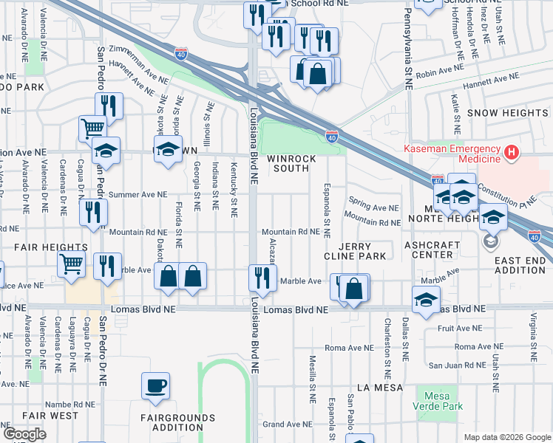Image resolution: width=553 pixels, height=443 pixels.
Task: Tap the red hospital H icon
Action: [x=510, y=154]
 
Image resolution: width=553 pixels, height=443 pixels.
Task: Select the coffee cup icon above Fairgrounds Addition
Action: [x=156, y=385]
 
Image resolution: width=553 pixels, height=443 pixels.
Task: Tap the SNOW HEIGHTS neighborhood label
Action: [x=507, y=113]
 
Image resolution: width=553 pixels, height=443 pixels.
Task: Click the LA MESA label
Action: [x=379, y=387]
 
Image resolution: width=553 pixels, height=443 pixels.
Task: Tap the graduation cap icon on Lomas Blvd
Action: [x=426, y=299]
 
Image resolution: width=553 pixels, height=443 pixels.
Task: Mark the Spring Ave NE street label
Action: [x=373, y=208]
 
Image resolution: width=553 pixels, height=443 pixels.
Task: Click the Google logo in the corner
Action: [x=24, y=434]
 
